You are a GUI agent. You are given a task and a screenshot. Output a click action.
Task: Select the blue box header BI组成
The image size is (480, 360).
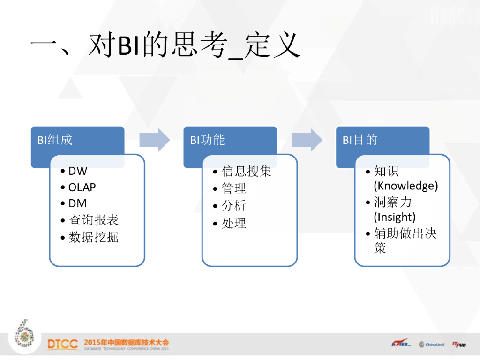[55, 140]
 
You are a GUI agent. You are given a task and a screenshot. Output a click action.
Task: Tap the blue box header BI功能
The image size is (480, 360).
[208, 140]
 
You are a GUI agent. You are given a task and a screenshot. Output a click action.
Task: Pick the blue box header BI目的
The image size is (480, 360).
[360, 140]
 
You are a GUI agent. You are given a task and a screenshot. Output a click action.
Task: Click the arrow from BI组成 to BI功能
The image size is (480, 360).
[155, 140]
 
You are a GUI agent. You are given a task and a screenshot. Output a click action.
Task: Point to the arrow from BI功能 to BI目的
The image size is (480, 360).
[307, 140]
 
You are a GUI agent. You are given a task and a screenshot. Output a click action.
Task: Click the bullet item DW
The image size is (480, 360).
[78, 172]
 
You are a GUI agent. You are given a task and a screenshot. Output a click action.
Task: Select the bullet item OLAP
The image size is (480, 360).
[82, 187]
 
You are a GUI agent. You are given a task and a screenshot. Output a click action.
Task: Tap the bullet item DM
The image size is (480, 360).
[77, 203]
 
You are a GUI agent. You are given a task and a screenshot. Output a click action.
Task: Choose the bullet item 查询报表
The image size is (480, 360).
[94, 220]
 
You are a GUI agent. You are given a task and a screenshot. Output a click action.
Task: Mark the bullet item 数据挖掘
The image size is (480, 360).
[94, 237]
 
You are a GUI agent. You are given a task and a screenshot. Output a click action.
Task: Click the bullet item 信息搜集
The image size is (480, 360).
[247, 172]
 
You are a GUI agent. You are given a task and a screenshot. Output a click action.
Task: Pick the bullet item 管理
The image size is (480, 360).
[234, 189]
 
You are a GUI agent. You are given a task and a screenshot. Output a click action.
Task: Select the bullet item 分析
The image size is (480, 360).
[234, 206]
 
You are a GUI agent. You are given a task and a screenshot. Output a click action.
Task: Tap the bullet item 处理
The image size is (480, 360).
[234, 223]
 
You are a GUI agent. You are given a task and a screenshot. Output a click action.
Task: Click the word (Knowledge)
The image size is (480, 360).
[406, 186]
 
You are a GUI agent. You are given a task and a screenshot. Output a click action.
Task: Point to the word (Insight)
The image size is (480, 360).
[395, 217]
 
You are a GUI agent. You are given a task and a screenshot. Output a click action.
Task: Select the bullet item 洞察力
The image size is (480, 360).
[393, 202]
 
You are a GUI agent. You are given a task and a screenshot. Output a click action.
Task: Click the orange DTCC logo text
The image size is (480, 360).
[62, 345]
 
